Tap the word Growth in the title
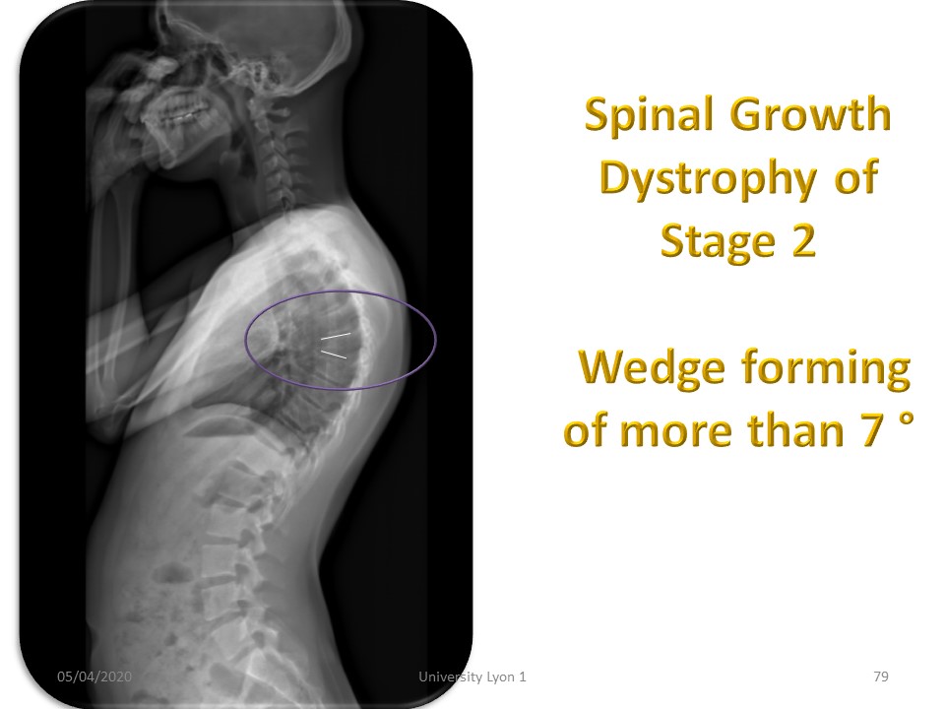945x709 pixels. click(x=810, y=113)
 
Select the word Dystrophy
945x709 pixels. click(x=708, y=179)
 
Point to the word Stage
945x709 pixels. click(x=718, y=242)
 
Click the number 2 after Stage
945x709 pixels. click(x=803, y=240)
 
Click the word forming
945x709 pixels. click(x=826, y=368)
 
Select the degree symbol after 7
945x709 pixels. click(x=906, y=419)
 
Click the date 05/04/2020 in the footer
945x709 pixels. click(x=94, y=677)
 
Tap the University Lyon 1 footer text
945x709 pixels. click(x=472, y=677)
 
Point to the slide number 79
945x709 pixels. click(x=881, y=677)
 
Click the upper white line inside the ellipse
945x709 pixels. click(x=336, y=336)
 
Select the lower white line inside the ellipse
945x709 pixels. click(x=334, y=354)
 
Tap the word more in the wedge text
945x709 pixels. click(x=675, y=431)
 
